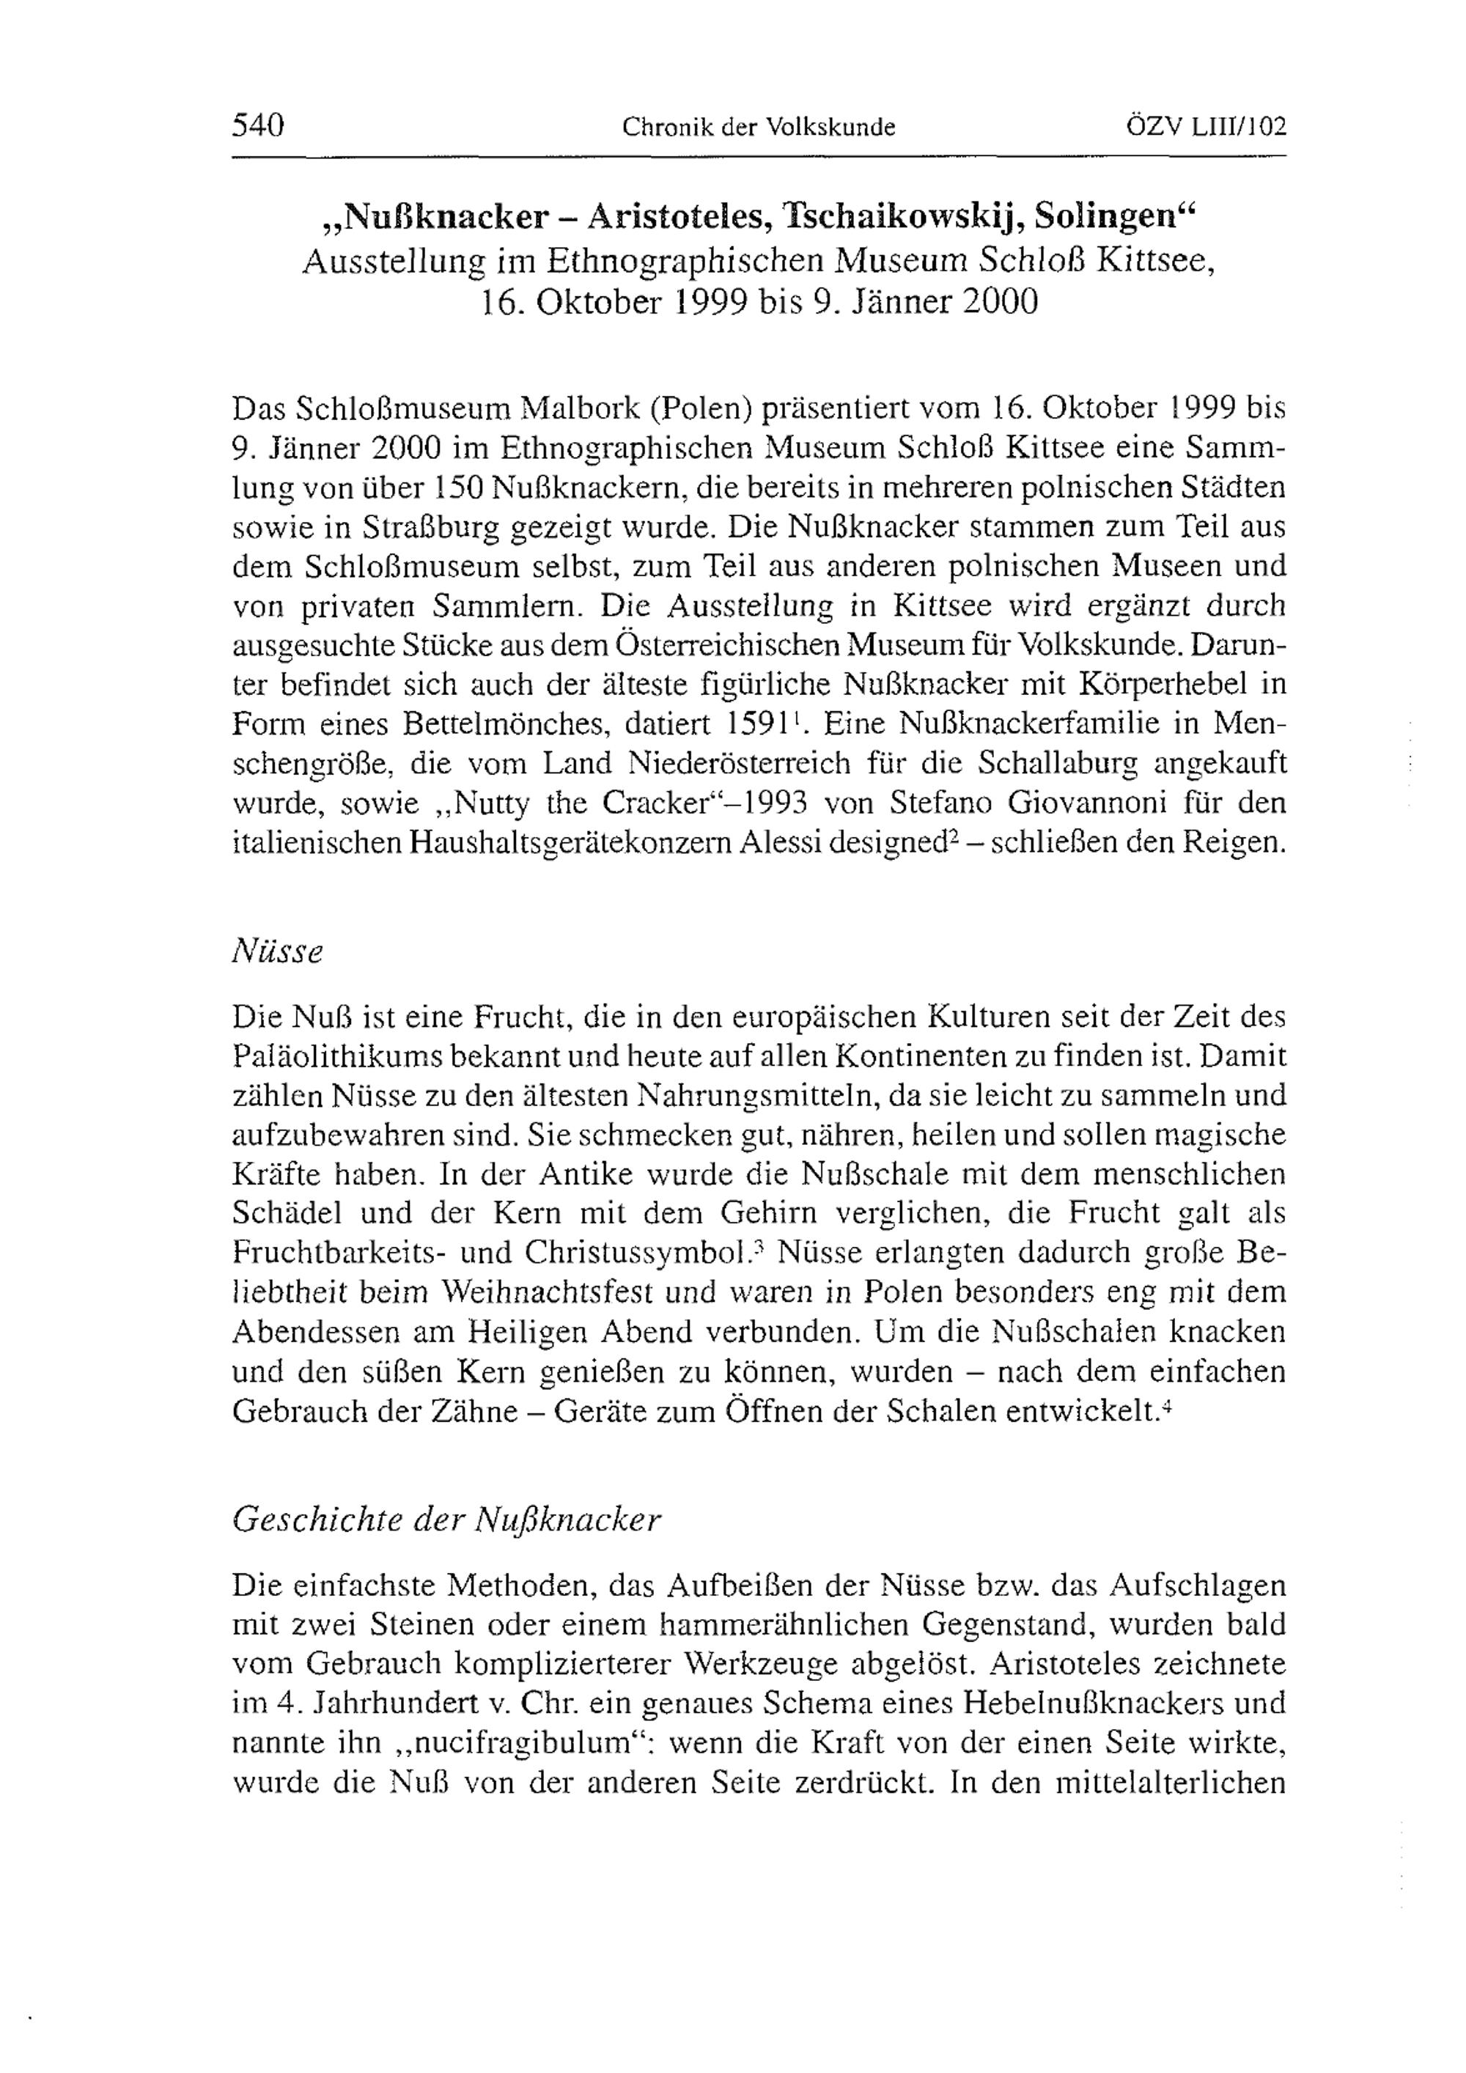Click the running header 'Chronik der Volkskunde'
758,128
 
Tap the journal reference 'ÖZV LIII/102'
1204,126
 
